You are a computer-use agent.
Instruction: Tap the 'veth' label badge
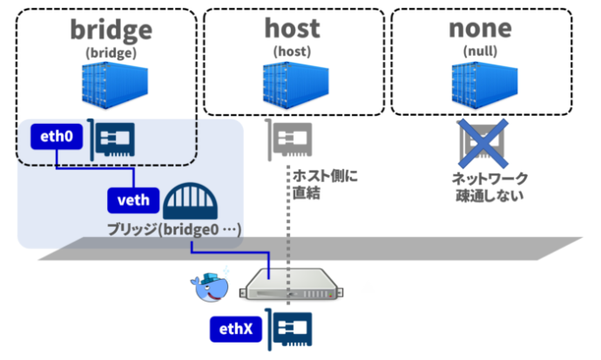point(133,200)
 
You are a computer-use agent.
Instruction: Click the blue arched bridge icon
point(191,200)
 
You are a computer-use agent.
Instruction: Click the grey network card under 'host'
point(291,139)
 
